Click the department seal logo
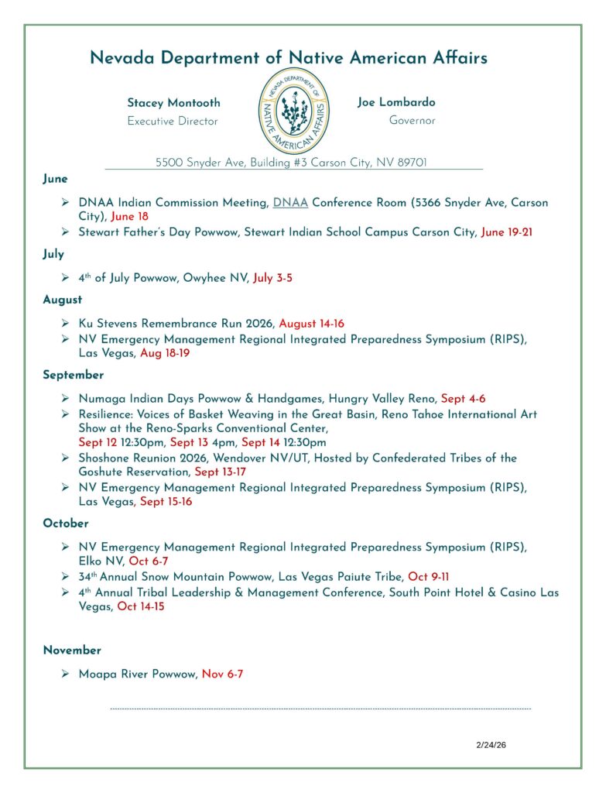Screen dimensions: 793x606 [x=292, y=111]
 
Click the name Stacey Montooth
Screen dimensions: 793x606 [x=173, y=103]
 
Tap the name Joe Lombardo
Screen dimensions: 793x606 [x=396, y=102]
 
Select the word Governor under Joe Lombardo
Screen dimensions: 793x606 [x=412, y=121]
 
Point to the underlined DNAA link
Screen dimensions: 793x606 [x=290, y=203]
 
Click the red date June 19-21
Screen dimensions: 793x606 [x=507, y=232]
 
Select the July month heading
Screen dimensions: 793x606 [x=53, y=254]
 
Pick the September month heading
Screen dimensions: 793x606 [x=73, y=375]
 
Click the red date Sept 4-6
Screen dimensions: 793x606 [x=463, y=399]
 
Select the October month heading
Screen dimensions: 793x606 [x=66, y=524]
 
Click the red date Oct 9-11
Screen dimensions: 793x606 [x=428, y=577]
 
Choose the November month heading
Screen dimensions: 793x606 [x=72, y=651]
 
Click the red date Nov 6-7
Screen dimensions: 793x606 [x=222, y=675]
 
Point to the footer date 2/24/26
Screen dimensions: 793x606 [x=491, y=745]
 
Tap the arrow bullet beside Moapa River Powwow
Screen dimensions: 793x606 [x=66, y=675]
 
